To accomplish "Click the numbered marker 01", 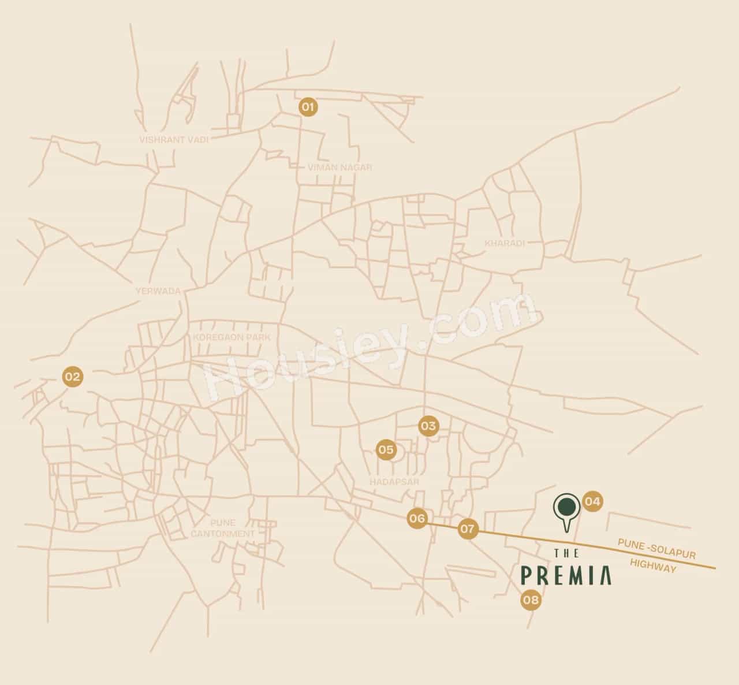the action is pos(308,107).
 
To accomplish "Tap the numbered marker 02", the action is pos(73,377).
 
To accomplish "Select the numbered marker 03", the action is pos(428,426).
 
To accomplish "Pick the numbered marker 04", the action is pos(592,501).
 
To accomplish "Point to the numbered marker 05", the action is pos(386,449).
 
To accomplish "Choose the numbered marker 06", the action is pos(417,518).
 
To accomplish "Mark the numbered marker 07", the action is pos(468,528).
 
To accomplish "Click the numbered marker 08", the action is pos(531,601).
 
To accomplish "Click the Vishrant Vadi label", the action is pos(173,139).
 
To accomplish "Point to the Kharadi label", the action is pos(505,243).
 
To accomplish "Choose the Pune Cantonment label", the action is pos(223,528).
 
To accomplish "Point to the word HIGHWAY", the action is pos(653,565).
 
